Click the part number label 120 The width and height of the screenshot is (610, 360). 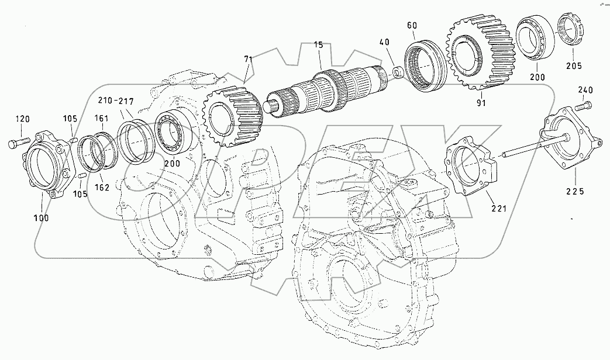click(x=22, y=120)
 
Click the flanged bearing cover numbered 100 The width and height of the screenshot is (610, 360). click(x=45, y=167)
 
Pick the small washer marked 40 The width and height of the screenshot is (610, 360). click(x=397, y=72)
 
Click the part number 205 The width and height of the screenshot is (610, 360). click(x=574, y=66)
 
